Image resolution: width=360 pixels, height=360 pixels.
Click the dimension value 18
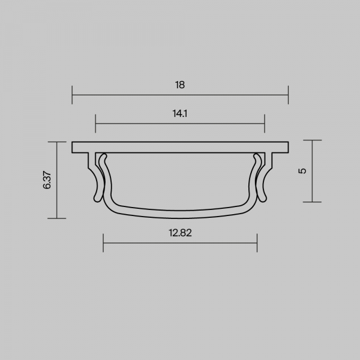pyautogui.click(x=180, y=85)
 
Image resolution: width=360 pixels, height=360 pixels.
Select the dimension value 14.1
pyautogui.click(x=180, y=113)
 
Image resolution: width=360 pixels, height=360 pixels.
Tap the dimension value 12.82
pyautogui.click(x=180, y=233)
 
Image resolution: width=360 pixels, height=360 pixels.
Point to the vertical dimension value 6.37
pyautogui.click(x=47, y=180)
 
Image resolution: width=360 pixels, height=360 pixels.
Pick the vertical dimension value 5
pyautogui.click(x=302, y=171)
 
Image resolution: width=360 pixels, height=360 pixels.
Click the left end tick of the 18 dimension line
pyautogui.click(x=72, y=95)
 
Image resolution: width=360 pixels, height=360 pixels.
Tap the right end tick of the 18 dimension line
pyautogui.click(x=288, y=95)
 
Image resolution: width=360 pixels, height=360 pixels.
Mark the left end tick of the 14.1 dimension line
pyautogui.click(x=95, y=124)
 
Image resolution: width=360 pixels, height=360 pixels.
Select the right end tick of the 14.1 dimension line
pyautogui.click(x=265, y=124)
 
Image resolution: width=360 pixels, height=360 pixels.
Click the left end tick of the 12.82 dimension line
pyautogui.click(x=103, y=243)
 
